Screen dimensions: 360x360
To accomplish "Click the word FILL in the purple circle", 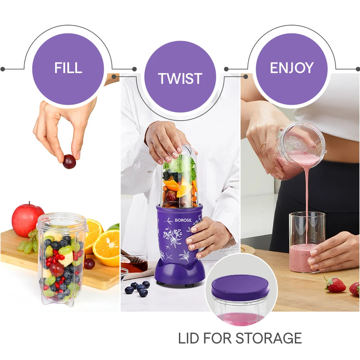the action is click(68, 68).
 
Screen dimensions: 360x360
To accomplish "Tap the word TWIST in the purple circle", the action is click(180, 79).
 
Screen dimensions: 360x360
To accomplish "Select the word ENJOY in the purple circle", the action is click(292, 68).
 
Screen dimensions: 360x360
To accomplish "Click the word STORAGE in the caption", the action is click(268, 338).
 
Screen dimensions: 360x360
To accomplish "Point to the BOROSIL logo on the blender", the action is click(183, 220).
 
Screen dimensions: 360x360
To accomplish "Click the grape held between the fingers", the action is click(69, 161).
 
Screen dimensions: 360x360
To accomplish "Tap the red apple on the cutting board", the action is click(27, 220).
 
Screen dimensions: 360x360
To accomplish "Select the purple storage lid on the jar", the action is click(240, 288).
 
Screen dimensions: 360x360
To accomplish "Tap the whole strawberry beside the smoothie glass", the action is click(335, 285).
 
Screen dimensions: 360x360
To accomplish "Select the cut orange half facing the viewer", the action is click(106, 248).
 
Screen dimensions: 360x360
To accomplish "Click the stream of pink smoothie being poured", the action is click(307, 202).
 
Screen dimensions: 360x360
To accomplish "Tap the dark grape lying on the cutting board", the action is click(89, 264).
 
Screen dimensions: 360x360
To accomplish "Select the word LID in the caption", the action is click(188, 338).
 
